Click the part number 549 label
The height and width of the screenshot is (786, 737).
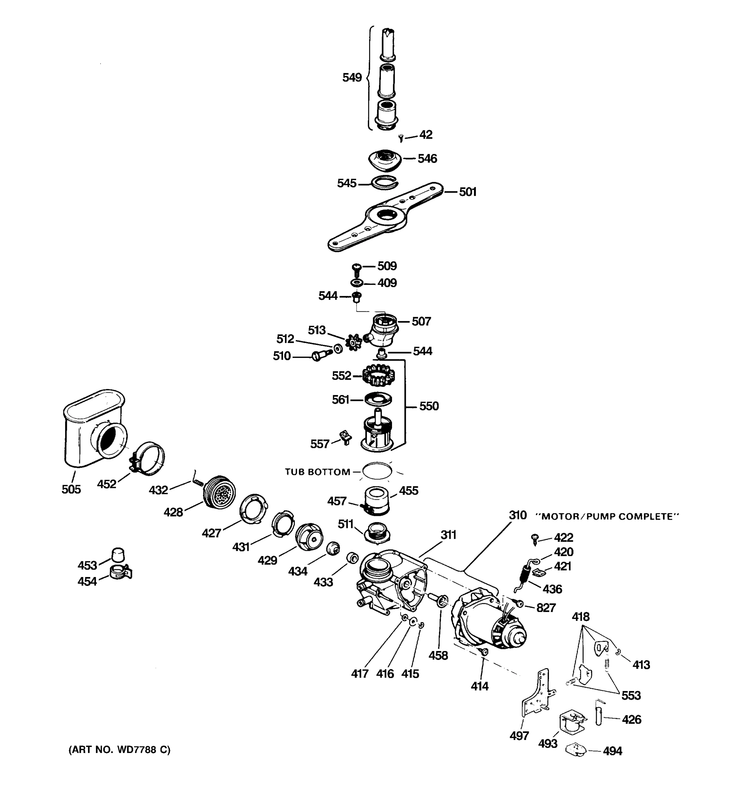point(352,78)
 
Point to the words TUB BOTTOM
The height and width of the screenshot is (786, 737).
point(317,472)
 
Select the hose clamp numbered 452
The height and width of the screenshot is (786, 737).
point(149,458)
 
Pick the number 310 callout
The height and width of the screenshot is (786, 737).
point(518,515)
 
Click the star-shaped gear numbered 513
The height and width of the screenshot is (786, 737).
point(353,342)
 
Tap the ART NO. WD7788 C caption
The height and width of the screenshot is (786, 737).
point(120,750)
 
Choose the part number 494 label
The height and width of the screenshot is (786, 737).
point(612,751)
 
